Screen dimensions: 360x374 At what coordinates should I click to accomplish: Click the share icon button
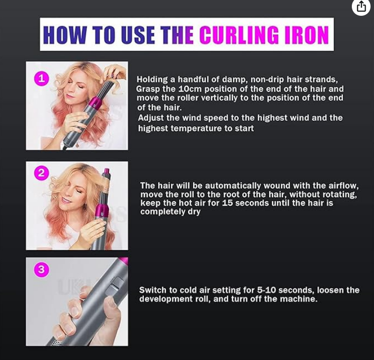[361, 6]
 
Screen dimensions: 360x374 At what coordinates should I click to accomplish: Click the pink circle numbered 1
[42, 78]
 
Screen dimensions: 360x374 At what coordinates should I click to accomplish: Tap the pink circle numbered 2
[42, 173]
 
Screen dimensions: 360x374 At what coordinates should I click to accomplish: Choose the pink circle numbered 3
[42, 269]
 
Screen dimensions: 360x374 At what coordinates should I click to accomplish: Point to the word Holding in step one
[152, 79]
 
